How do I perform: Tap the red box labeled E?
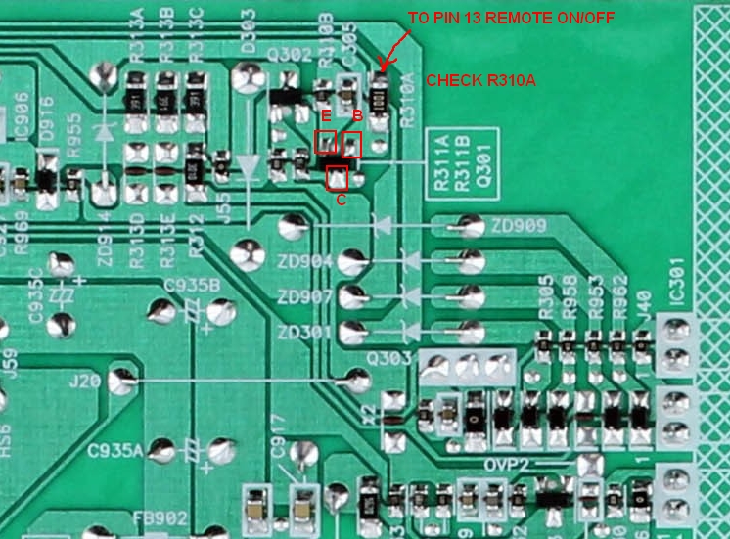(326, 142)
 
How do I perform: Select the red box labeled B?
(352, 144)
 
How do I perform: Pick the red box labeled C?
(337, 177)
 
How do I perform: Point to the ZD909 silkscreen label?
(519, 227)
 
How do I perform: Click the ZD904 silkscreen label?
(304, 262)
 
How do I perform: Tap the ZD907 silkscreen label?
(304, 296)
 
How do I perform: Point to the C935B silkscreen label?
(192, 285)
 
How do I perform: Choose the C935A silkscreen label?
(114, 450)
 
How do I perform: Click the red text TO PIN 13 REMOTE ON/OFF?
(489, 19)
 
